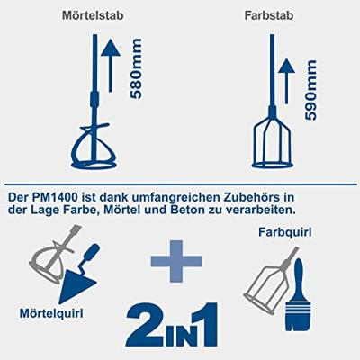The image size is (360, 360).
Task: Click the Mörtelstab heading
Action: (x=93, y=15)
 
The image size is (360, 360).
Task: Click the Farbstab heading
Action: (x=269, y=15)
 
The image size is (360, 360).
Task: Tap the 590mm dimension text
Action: (x=310, y=90)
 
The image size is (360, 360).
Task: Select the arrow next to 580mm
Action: (x=111, y=65)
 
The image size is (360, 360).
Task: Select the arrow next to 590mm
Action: (x=286, y=81)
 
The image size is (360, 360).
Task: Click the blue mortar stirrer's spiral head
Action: (x=94, y=146)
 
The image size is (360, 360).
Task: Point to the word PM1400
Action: (x=56, y=197)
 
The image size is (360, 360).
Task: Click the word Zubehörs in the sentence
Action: (x=251, y=197)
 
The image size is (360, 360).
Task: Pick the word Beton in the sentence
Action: (x=185, y=210)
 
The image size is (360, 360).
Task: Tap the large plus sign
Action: (x=176, y=261)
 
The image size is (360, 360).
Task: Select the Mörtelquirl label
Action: (x=51, y=313)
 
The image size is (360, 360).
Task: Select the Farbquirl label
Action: (x=284, y=232)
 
